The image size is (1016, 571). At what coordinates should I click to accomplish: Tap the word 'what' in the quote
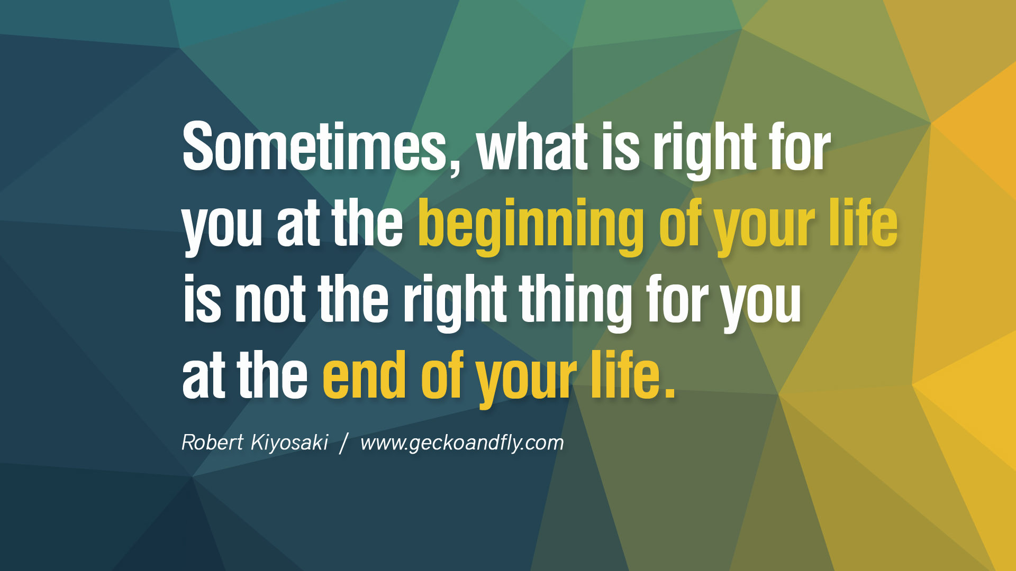(x=532, y=146)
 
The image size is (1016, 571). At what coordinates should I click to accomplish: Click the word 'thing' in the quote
(x=576, y=302)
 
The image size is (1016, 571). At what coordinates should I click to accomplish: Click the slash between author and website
(x=344, y=443)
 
